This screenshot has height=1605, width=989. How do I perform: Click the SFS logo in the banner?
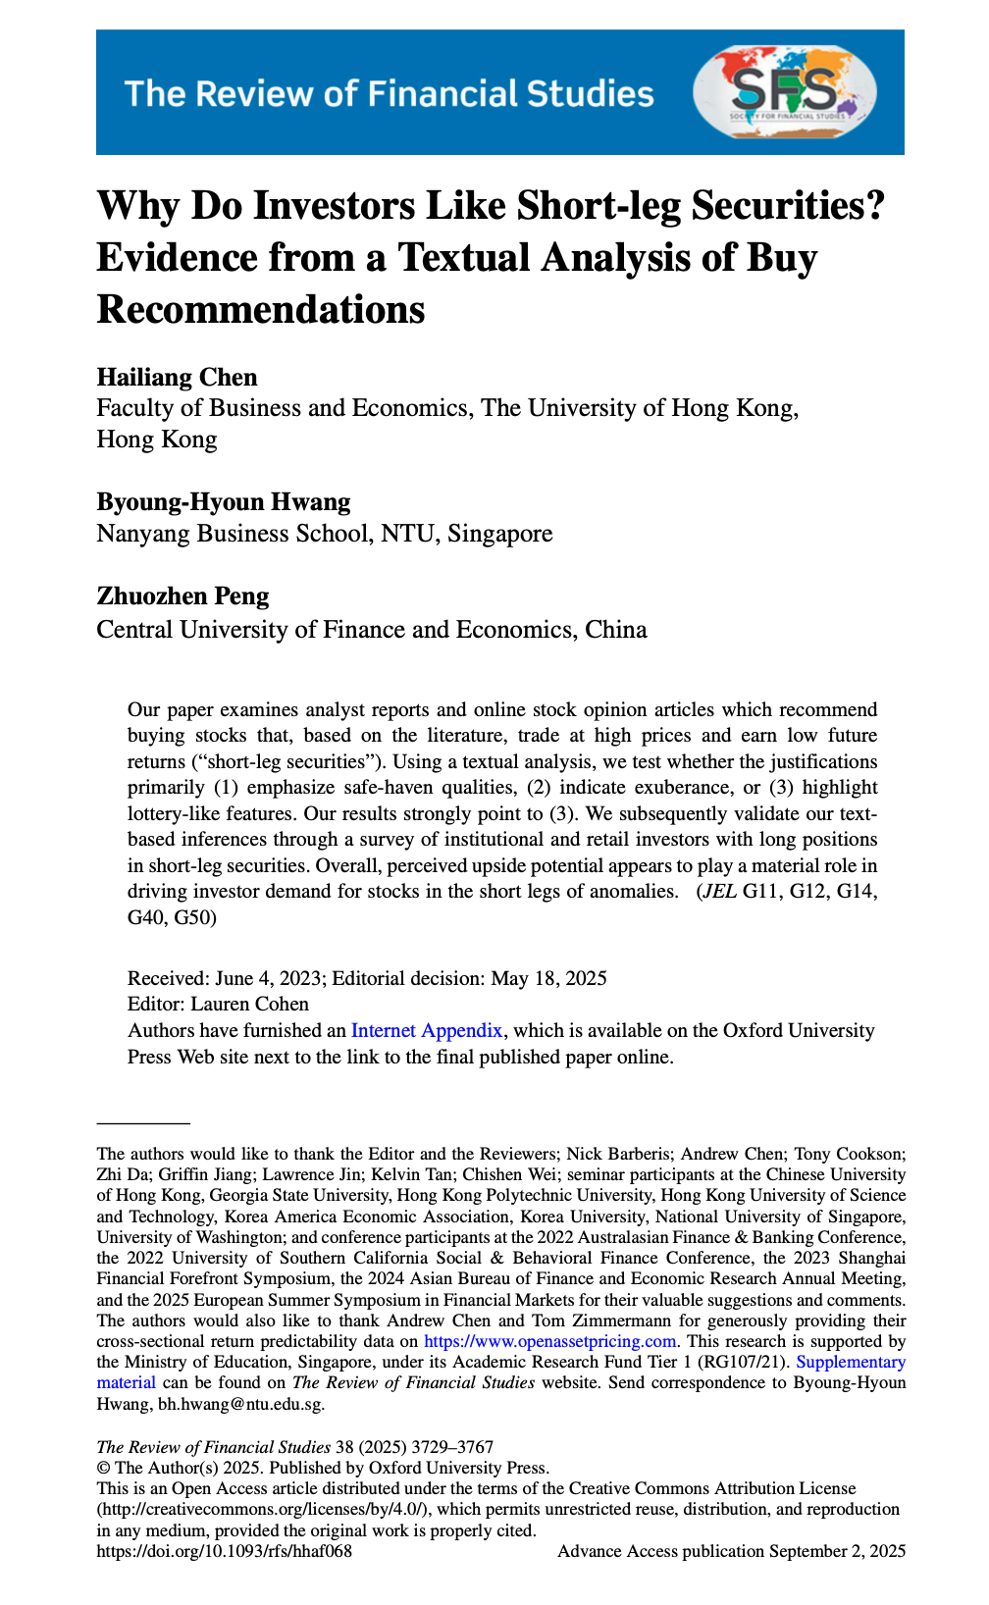785,92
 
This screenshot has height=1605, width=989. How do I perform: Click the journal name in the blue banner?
389,93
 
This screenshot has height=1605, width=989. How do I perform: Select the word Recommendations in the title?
261,309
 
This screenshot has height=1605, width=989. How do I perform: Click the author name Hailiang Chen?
177,378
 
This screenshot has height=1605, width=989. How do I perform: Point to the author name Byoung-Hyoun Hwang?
223,502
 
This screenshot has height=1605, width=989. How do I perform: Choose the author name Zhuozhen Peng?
182,596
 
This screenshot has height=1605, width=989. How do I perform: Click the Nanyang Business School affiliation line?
324,534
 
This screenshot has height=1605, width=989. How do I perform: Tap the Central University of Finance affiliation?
371,629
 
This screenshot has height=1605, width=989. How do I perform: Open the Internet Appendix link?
427,1030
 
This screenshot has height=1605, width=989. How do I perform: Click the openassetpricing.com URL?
549,1341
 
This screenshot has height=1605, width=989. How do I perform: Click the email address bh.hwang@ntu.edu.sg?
240,1404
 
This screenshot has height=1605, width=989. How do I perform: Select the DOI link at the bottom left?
224,1551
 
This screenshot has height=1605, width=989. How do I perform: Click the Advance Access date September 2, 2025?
837,1551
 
